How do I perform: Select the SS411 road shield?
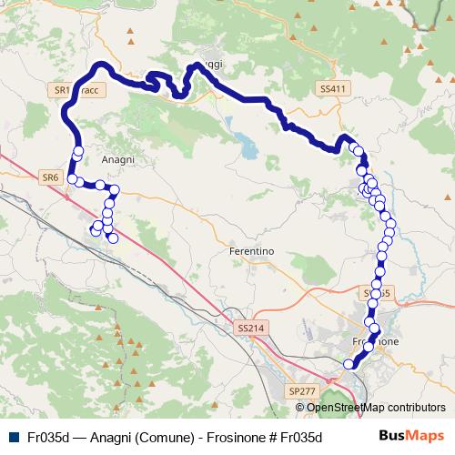point(334,88)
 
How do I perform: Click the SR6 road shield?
point(49,177)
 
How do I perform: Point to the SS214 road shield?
point(248,326)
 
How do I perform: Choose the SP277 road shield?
point(301,389)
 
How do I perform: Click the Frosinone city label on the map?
point(375,339)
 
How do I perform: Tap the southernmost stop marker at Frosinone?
point(348,364)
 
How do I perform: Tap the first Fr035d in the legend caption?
point(48,436)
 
